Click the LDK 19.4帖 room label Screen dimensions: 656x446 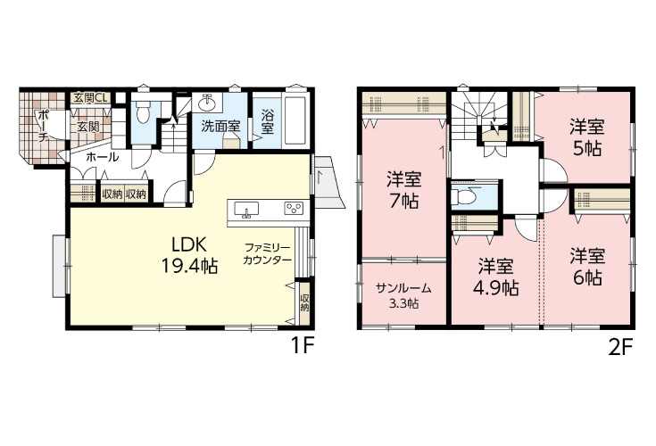[189, 254]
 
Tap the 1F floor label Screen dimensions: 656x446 [302, 346]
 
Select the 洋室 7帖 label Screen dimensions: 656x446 [403, 190]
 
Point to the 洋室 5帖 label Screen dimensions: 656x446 [587, 137]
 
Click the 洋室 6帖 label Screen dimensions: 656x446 [587, 267]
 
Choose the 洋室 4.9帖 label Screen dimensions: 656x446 [495, 277]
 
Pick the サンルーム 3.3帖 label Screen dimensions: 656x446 [403, 295]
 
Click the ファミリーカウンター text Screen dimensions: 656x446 [267, 253]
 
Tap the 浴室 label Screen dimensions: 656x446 [268, 121]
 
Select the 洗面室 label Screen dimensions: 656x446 [220, 126]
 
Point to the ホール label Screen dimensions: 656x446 [103, 157]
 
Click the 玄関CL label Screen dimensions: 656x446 [90, 99]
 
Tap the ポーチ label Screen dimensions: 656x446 [42, 127]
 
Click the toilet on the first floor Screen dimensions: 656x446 [143, 112]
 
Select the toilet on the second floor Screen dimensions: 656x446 [468, 195]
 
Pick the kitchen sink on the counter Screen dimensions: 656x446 [246, 209]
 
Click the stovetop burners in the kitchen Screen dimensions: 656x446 [294, 208]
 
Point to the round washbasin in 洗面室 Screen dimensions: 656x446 [207, 102]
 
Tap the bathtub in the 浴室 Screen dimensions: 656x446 [296, 120]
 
